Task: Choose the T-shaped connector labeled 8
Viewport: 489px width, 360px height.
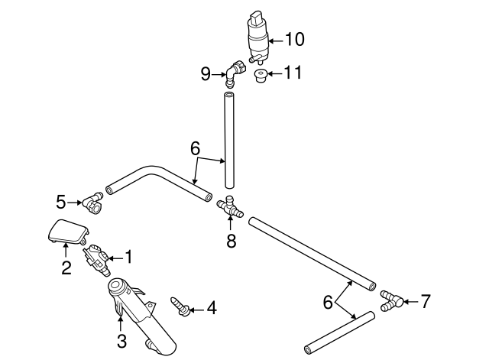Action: (230, 206)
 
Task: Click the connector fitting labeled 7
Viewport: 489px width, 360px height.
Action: (390, 299)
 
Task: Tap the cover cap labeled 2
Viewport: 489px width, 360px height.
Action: (67, 231)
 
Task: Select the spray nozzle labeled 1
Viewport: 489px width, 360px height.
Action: (99, 258)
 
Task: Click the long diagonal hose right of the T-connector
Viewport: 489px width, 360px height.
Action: (313, 252)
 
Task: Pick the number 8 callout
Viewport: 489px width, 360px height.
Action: (231, 242)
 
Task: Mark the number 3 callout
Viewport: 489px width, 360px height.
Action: (121, 341)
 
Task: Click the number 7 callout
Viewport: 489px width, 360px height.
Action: (426, 300)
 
